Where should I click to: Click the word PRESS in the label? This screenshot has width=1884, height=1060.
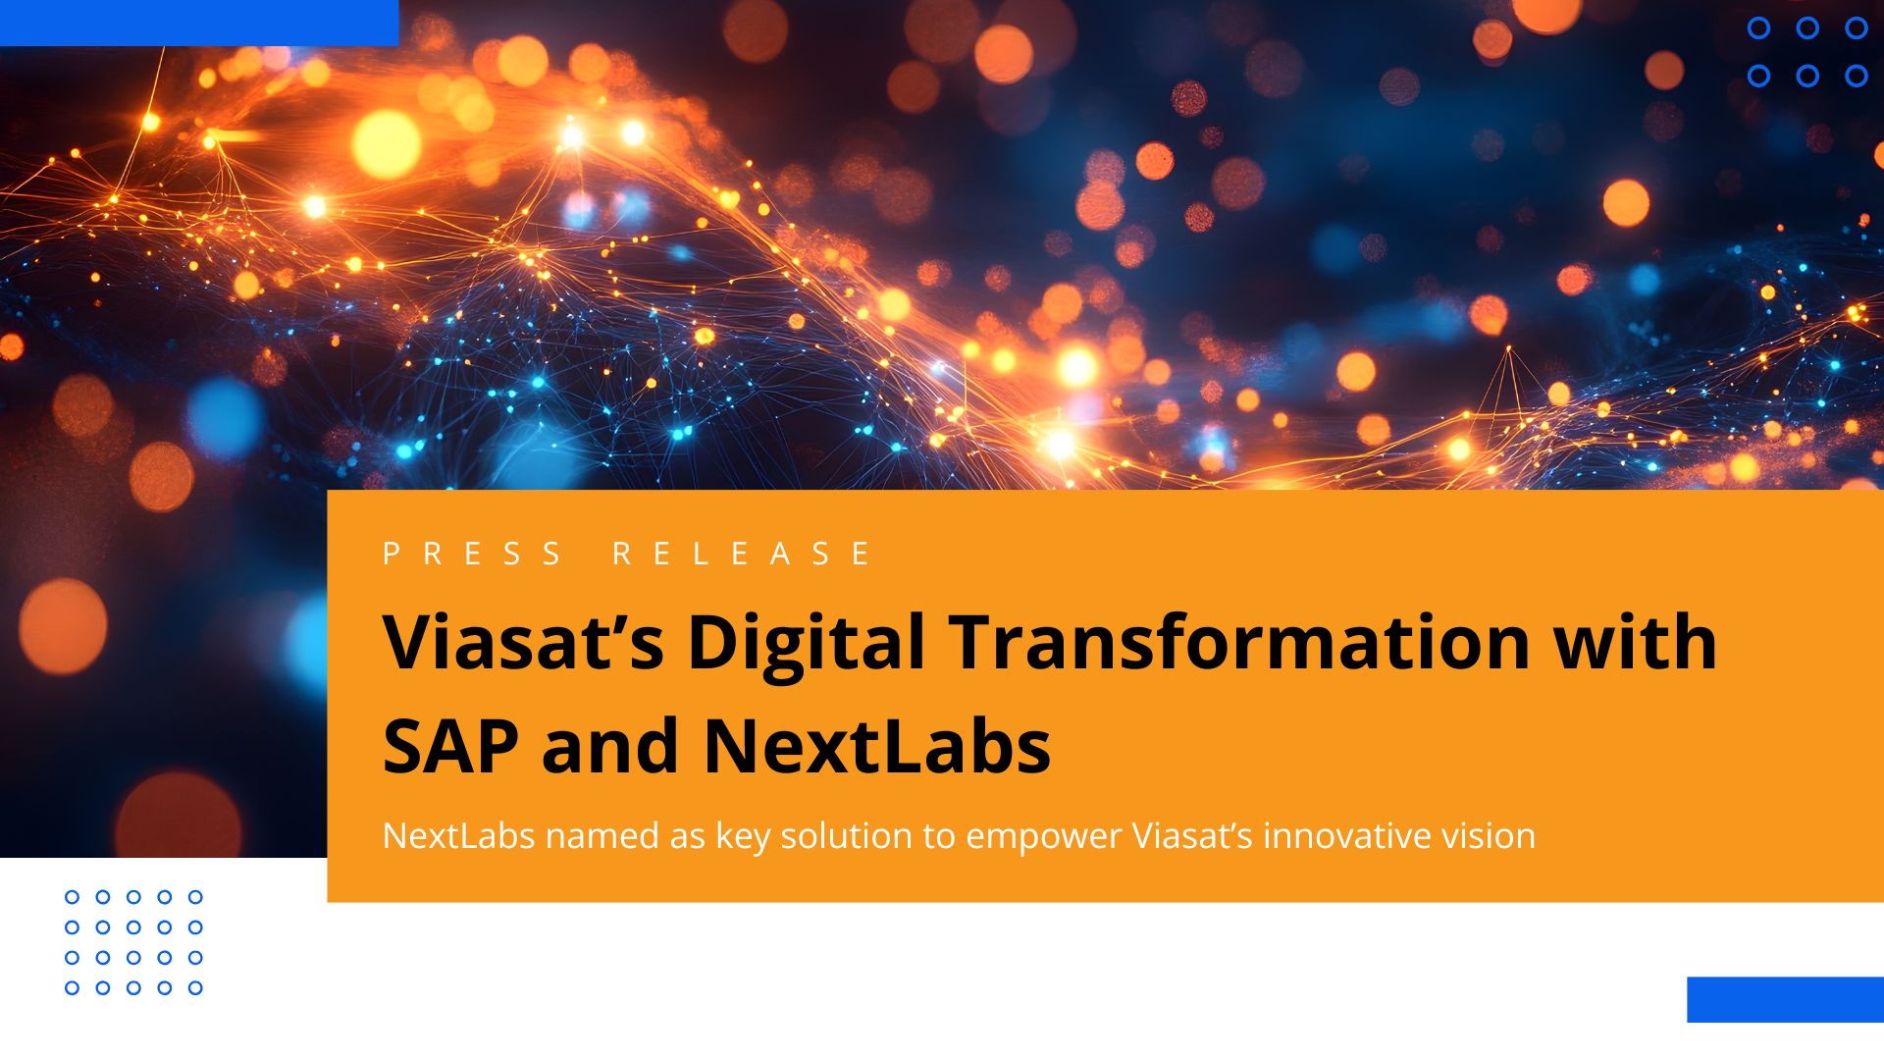coord(472,554)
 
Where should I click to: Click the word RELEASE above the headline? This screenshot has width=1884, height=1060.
coord(742,554)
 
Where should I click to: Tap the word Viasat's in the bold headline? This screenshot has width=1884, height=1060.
coord(523,642)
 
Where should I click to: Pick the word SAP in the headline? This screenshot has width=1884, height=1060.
coord(450,746)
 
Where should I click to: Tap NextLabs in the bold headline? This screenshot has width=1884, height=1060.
coord(876,746)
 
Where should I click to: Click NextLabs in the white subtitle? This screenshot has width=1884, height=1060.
coord(458,836)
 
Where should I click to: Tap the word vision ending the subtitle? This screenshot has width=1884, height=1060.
coord(1488,836)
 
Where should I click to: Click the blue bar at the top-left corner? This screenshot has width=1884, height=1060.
coord(199,23)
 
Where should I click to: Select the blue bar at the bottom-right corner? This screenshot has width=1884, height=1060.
coord(1785,999)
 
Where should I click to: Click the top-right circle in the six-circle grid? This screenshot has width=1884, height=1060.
coord(1856,28)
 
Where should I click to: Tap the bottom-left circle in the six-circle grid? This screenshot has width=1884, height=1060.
coord(1758,76)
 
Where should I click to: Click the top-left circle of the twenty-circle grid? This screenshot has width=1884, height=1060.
coord(72,897)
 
